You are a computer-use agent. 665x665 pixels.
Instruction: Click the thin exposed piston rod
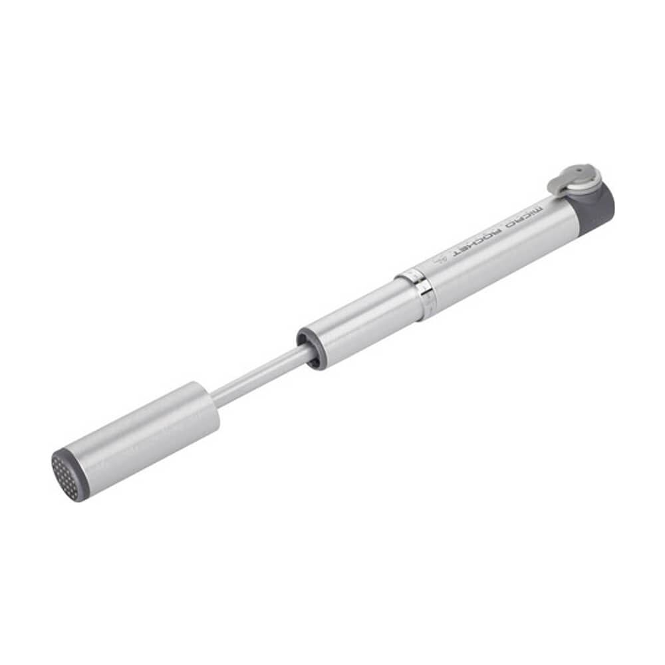259,379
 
